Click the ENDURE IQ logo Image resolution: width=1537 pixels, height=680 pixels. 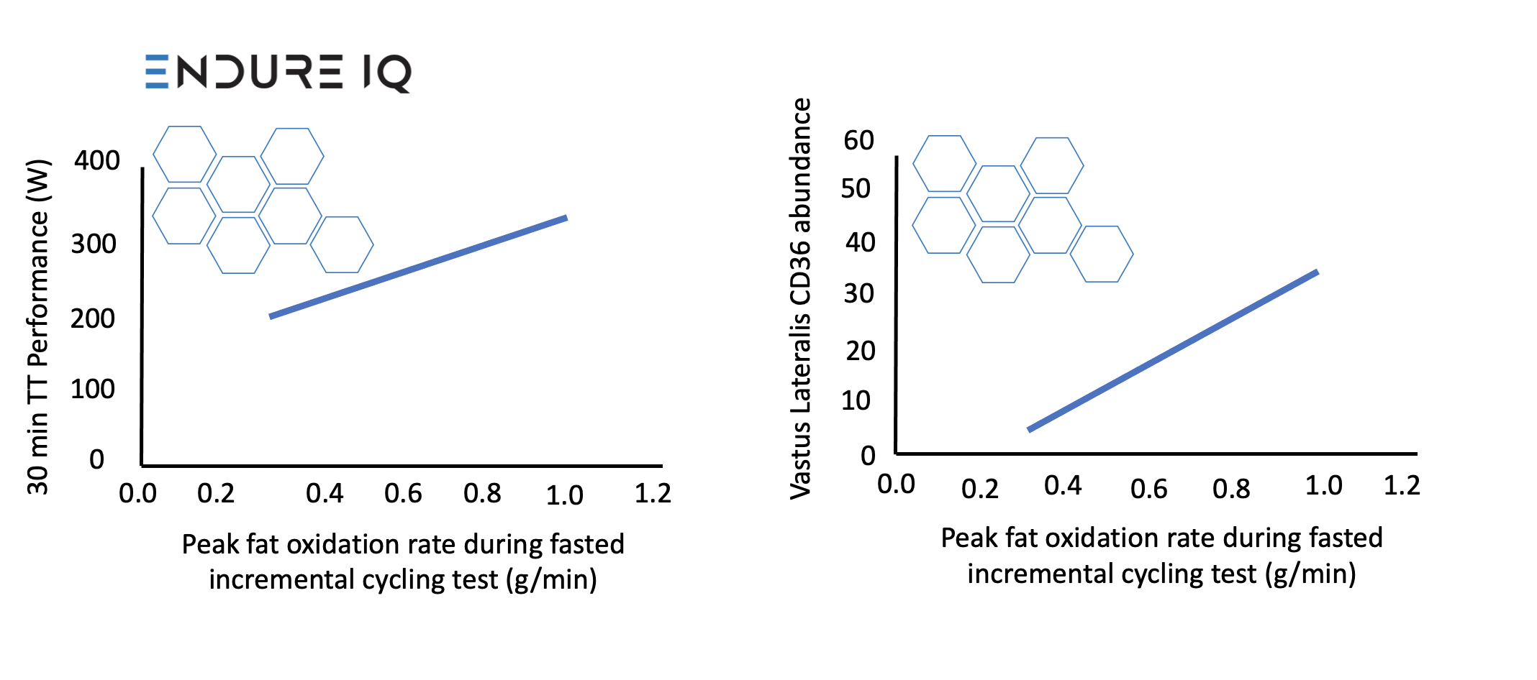tap(278, 73)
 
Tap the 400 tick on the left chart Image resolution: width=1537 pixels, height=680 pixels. tap(97, 160)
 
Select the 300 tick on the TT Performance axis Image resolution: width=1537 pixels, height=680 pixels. tap(94, 244)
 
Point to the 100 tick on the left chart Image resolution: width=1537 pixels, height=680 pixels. tap(93, 390)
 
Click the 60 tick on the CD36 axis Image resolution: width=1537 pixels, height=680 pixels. tap(858, 140)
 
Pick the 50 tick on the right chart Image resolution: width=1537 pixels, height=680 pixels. tap(856, 189)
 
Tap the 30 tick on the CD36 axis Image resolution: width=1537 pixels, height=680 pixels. tap(858, 294)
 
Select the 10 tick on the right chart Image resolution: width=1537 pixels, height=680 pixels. tap(856, 401)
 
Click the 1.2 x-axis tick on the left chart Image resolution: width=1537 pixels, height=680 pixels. tap(653, 494)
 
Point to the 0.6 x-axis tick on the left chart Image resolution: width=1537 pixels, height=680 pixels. tap(403, 494)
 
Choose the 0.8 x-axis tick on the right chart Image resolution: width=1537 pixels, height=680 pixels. tap(1231, 490)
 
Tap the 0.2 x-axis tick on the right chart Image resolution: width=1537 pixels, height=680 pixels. tap(979, 490)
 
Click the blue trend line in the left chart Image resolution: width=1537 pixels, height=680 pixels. tap(418, 267)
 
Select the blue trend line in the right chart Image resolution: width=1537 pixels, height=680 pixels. tap(1173, 351)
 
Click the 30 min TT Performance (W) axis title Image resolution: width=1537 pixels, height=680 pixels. tap(38, 327)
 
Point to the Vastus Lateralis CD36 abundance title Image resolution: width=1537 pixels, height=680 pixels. tap(801, 298)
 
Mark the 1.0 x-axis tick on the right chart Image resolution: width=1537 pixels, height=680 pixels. tap(1323, 486)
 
